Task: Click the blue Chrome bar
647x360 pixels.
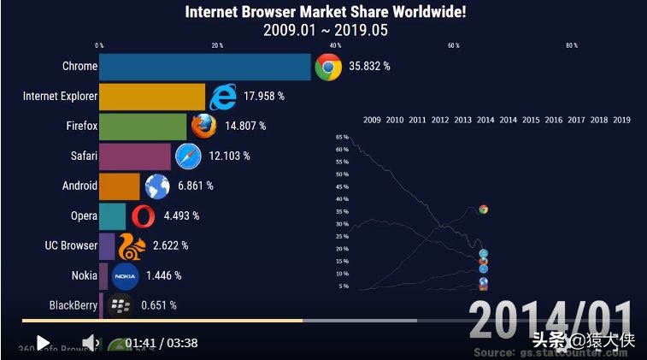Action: tap(205, 67)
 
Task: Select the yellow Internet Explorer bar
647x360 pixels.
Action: tap(152, 97)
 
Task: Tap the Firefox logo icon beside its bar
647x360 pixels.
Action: tap(203, 126)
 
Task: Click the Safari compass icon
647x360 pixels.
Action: tap(188, 156)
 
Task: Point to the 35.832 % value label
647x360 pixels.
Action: tap(369, 67)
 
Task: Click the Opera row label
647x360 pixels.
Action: tap(84, 215)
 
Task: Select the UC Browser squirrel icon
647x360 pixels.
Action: tap(131, 245)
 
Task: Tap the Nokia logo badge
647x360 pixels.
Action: tap(125, 275)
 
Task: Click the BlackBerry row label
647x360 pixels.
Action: tap(74, 304)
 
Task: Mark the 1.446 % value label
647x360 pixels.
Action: tap(162, 275)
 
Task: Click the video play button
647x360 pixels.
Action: tap(43, 343)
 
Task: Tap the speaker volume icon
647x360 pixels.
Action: tap(88, 343)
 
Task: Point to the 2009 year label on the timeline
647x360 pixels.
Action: tap(372, 120)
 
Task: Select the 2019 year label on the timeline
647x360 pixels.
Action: tap(621, 120)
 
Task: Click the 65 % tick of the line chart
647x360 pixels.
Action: tap(342, 137)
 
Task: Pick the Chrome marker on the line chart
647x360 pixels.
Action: tap(483, 209)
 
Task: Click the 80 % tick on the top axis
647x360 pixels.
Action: tap(571, 45)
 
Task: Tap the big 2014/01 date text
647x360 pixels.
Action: tap(551, 321)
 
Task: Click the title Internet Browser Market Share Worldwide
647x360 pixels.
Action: tap(326, 12)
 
